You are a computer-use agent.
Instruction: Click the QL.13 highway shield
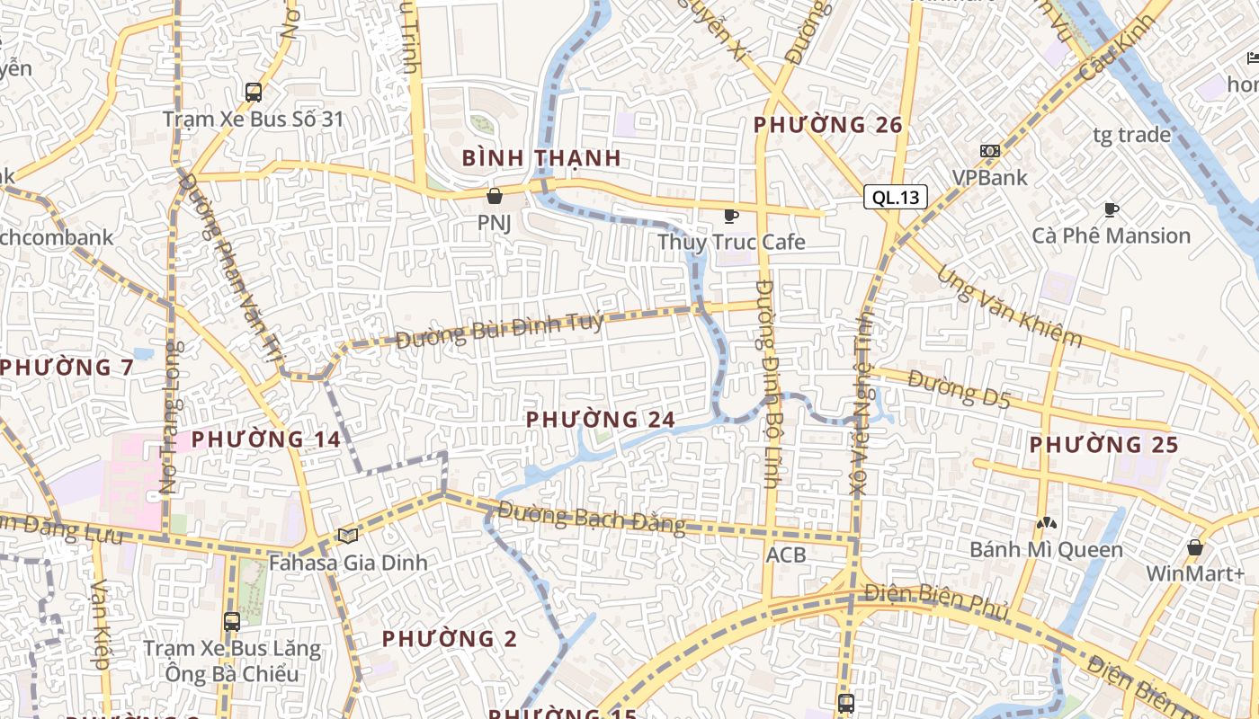pos(896,198)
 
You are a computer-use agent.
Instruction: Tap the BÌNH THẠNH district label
pos(541,158)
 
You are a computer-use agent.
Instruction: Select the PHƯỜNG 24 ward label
pos(601,420)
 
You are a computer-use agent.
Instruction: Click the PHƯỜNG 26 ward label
pos(827,125)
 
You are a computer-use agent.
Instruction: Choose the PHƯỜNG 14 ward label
pos(266,439)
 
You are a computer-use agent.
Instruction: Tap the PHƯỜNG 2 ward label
pos(450,639)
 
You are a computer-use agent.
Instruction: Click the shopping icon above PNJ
pos(494,195)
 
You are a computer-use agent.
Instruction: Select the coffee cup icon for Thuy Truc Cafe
pos(731,216)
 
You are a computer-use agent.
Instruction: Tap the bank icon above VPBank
pos(989,151)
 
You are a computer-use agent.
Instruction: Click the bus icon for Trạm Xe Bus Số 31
pos(254,92)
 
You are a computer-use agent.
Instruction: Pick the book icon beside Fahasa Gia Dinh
pos(348,537)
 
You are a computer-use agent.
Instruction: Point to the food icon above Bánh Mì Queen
pos(1045,522)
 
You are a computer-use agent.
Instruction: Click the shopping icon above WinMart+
pos(1194,547)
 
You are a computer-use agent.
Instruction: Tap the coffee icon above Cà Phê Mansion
pos(1112,209)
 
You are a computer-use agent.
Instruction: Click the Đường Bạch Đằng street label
pos(592,519)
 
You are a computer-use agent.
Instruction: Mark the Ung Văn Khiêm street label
pos(1009,307)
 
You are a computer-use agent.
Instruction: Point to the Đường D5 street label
pos(959,389)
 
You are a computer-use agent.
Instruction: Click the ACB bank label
pos(786,555)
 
